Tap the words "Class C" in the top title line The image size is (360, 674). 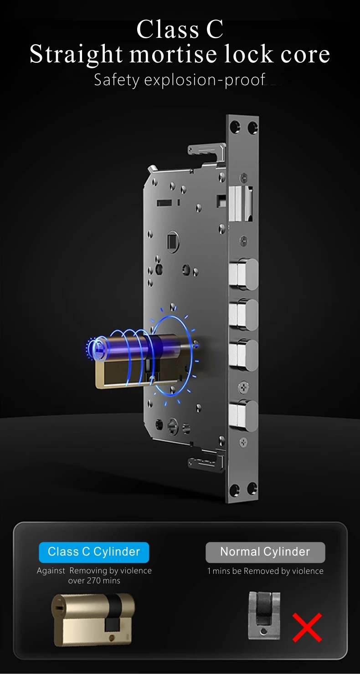click(180, 29)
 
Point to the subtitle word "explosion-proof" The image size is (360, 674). click(205, 80)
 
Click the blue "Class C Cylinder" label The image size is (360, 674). click(94, 552)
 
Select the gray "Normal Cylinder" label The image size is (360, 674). click(265, 552)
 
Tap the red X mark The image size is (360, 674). click(307, 628)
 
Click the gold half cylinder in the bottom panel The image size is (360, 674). click(93, 620)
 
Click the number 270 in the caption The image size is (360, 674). click(93, 581)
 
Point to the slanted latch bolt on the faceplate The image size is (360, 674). click(241, 203)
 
